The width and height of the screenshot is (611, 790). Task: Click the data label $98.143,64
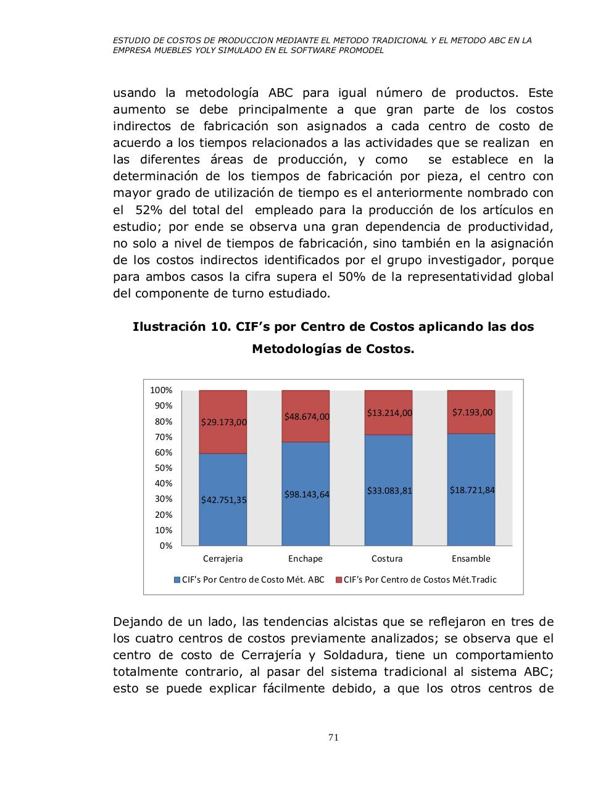coord(307,494)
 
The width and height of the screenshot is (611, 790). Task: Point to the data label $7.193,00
coord(472,412)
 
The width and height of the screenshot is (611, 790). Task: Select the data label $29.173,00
coord(223,422)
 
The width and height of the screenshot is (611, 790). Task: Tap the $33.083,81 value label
coord(389,491)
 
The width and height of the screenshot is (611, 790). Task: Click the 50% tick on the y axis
coord(164,468)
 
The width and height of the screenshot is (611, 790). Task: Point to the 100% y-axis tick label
coord(161,390)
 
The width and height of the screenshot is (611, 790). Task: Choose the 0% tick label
coord(166,546)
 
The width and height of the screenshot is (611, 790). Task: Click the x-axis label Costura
coord(387,559)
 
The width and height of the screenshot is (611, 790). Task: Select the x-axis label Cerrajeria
coord(223,559)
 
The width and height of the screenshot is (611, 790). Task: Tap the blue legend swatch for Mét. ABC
coord(177,580)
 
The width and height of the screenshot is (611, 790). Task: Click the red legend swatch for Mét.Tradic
coord(338,580)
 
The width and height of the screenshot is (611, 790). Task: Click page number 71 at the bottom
coord(333,737)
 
